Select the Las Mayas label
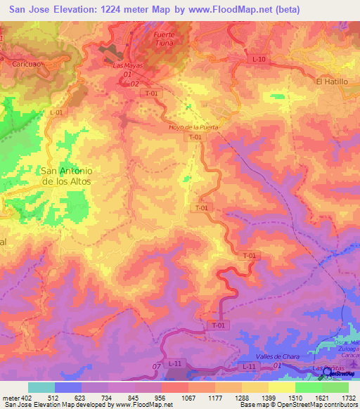[128, 65]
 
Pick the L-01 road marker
[56, 112]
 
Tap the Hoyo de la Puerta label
[194, 127]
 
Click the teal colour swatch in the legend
[41, 387]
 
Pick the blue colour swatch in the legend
[67, 387]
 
